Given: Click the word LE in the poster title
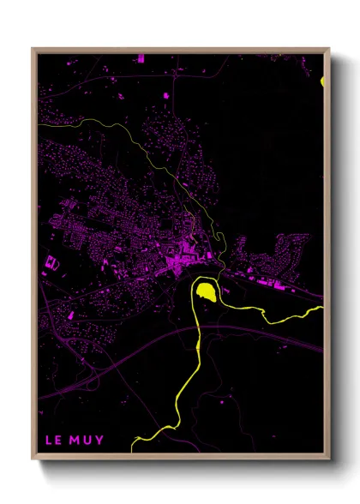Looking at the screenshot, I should [x=52, y=441].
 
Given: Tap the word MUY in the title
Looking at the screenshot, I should [x=87, y=441].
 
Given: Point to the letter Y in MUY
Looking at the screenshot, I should [x=100, y=441].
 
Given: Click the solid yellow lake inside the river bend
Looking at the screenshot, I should [x=206, y=293].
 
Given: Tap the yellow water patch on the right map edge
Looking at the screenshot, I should [x=322, y=81].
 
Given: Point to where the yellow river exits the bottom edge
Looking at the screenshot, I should [x=134, y=449].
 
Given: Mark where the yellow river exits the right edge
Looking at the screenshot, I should [x=322, y=304].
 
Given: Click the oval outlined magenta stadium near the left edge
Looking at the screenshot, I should [x=51, y=262].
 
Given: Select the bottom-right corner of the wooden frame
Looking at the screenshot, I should [x=329, y=459].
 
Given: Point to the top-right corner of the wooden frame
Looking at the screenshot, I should [x=329, y=49].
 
